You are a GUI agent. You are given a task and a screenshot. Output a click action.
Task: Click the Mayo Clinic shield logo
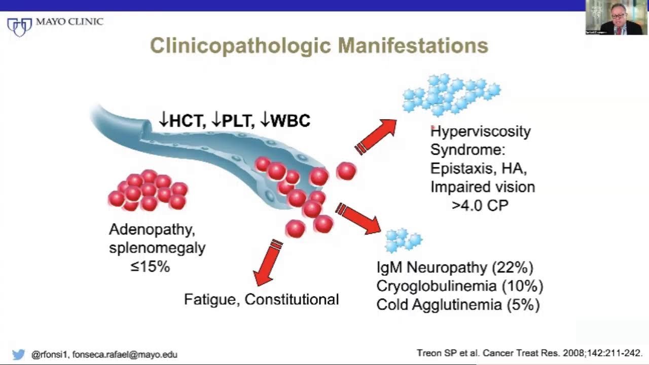(19, 27)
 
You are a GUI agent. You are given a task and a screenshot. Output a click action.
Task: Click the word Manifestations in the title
(413, 46)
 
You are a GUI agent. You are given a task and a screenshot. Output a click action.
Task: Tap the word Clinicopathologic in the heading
(240, 46)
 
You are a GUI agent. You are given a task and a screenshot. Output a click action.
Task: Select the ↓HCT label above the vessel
(183, 120)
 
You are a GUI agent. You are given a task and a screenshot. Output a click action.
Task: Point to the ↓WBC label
(285, 120)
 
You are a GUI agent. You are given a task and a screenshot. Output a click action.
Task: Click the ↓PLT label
(233, 120)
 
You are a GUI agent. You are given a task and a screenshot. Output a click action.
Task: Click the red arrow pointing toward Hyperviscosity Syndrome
(376, 137)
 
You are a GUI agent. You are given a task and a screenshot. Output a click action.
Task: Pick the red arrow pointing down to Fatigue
(267, 263)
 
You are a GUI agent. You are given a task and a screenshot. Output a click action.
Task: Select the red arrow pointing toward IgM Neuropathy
(358, 218)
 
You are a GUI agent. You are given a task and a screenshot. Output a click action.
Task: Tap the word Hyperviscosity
(481, 132)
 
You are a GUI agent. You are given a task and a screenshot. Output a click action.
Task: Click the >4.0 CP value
(480, 205)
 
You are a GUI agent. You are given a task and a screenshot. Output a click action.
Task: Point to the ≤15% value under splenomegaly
(150, 267)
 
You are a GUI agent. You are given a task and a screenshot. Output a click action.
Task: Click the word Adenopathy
(152, 230)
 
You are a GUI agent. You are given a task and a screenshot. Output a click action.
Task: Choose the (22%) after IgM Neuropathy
(513, 267)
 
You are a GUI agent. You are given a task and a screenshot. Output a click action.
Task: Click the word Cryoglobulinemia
(437, 286)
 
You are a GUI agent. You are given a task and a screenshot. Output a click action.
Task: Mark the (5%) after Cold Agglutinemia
(524, 305)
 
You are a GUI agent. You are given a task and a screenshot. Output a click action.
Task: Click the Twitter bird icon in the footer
(19, 354)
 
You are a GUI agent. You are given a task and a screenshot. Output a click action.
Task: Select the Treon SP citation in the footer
(529, 353)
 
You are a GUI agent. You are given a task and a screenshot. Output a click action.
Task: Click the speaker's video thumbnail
(617, 18)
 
